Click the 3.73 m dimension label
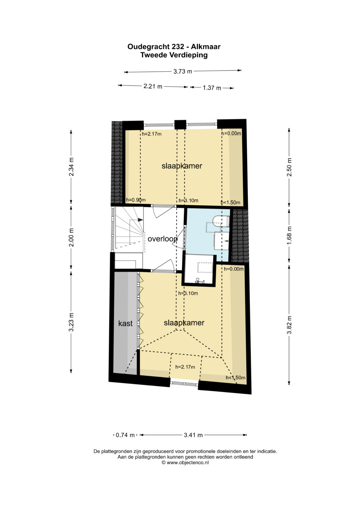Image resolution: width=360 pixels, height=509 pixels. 183,72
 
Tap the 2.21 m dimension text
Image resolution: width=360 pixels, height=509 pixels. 153,86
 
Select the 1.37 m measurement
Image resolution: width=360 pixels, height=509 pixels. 212,88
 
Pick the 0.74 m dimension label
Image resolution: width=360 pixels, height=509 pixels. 125,435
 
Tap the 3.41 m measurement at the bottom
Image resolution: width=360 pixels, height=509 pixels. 193,435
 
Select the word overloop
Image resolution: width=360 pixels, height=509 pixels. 163,239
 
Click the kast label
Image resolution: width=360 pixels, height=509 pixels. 125,323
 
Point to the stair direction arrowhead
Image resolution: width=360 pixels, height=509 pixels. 140,220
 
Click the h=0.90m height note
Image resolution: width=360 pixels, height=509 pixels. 136,200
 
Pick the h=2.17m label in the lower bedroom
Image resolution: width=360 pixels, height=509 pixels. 185,367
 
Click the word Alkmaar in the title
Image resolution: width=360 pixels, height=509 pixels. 206,47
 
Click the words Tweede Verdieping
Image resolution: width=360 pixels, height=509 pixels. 174,55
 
